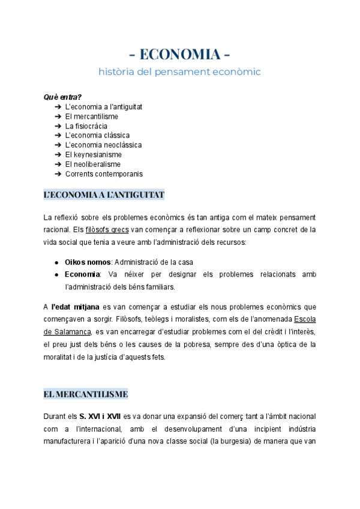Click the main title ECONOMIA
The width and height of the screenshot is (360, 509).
(x=180, y=55)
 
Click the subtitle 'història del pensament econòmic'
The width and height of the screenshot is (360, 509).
(x=180, y=72)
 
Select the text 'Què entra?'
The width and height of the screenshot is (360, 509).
(x=62, y=97)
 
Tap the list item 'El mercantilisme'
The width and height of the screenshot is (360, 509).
(x=91, y=116)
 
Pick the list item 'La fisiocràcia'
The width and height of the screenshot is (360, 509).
(x=86, y=126)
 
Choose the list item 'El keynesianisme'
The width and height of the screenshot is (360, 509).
(x=93, y=155)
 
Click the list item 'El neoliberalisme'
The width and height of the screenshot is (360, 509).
(x=92, y=164)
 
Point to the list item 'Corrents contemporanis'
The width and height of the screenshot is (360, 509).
(x=104, y=174)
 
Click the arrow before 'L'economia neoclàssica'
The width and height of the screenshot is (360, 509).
(x=58, y=145)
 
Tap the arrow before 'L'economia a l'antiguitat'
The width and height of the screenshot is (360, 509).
(x=58, y=107)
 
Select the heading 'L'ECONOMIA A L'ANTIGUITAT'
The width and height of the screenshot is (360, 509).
(x=104, y=195)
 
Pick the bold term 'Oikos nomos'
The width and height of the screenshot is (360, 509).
(x=88, y=262)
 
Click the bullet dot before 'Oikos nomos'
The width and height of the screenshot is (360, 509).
(x=56, y=262)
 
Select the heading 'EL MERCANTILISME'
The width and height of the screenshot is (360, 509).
(x=86, y=394)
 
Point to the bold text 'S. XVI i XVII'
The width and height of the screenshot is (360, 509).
(x=100, y=417)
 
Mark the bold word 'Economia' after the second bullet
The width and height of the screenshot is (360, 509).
(x=82, y=275)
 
